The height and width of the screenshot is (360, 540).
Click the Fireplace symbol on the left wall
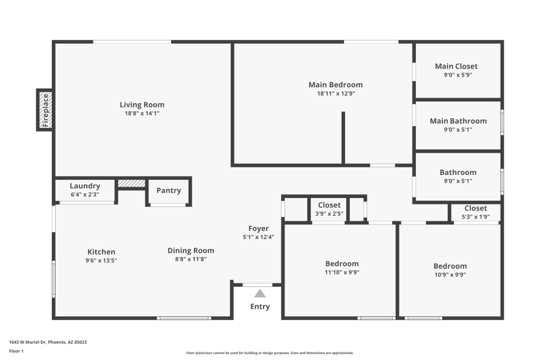click(45, 110)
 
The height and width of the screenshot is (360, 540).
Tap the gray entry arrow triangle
click(260, 294)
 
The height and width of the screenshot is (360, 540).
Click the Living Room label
click(142, 105)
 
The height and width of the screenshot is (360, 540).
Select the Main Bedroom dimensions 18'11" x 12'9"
click(335, 93)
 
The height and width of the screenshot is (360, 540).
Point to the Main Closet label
click(456, 66)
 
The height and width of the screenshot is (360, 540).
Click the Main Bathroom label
click(458, 121)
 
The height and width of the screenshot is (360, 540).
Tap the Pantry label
click(168, 191)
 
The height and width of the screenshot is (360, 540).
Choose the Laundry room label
click(85, 186)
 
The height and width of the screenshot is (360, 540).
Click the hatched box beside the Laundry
click(132, 184)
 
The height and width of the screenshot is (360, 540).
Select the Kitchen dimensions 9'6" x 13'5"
click(102, 260)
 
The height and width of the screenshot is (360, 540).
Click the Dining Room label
click(191, 250)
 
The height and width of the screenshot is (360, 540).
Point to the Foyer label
click(259, 228)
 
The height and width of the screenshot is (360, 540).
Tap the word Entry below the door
click(260, 307)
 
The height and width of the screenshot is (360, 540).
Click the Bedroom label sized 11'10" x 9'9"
click(342, 263)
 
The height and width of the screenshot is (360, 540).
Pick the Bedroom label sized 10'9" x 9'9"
click(450, 266)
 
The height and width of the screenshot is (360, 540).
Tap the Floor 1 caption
click(16, 351)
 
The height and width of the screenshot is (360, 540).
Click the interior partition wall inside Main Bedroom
click(343, 138)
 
